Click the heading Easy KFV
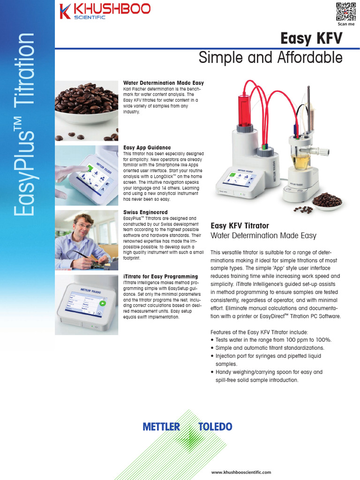pos(311,38)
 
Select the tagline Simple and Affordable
pos(270,58)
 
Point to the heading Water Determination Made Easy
pos(163,83)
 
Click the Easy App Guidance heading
pos(147,148)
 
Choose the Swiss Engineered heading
pos(145,212)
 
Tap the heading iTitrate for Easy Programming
pos(160,277)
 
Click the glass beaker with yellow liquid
pos(300,161)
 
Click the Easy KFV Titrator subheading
pos(240,226)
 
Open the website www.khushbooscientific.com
pos(241,472)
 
